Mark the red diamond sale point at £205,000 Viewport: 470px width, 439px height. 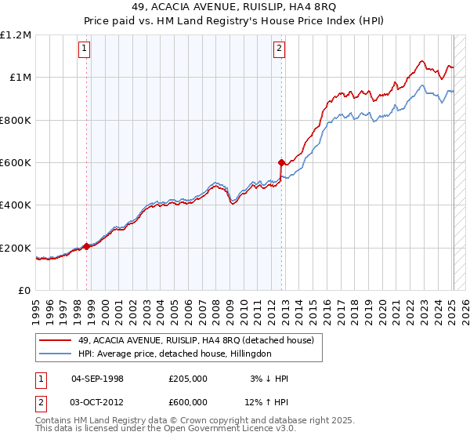86,246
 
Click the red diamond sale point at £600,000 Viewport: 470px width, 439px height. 281,162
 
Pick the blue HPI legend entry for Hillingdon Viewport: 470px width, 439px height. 173,354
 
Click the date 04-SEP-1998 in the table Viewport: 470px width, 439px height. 97,379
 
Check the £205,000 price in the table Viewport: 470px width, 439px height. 188,379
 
